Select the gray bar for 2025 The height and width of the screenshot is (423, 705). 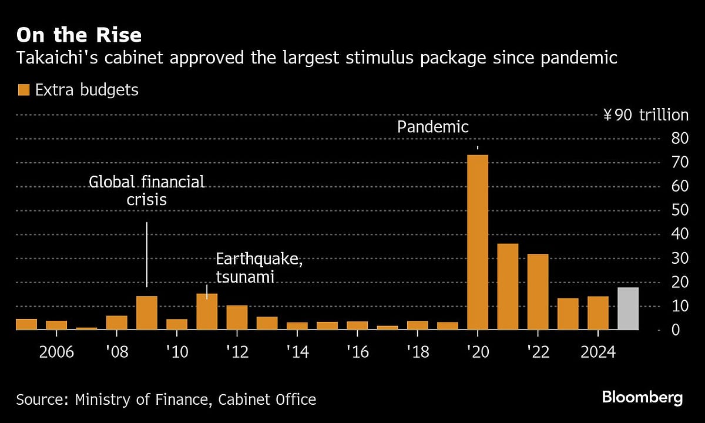(628, 308)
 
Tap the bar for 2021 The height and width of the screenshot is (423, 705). (508, 287)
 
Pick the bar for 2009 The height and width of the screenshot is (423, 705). (147, 313)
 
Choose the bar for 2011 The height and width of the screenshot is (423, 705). (207, 311)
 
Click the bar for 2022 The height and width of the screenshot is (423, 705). (538, 291)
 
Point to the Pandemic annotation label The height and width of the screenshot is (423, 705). (433, 127)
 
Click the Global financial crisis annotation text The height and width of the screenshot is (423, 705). (147, 190)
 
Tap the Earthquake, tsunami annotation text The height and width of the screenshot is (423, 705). (259, 268)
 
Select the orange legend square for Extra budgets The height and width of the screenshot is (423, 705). (23, 90)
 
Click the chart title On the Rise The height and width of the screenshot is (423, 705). (79, 35)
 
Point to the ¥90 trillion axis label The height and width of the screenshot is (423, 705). (645, 115)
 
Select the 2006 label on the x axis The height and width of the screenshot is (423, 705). (56, 352)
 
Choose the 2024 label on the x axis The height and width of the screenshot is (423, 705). (598, 352)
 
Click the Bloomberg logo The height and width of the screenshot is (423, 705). (642, 398)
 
